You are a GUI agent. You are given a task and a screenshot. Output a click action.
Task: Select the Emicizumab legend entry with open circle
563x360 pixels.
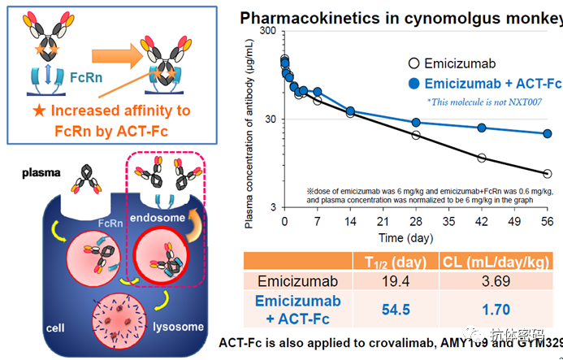[454, 64]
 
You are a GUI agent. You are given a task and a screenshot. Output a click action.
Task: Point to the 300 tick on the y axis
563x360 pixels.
[267, 31]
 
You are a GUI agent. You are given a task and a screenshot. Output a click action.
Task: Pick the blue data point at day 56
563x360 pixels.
[548, 134]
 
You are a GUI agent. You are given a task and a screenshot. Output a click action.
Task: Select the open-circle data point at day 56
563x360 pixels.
[548, 173]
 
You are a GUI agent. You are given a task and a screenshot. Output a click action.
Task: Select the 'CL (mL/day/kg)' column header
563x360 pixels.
[496, 261]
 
